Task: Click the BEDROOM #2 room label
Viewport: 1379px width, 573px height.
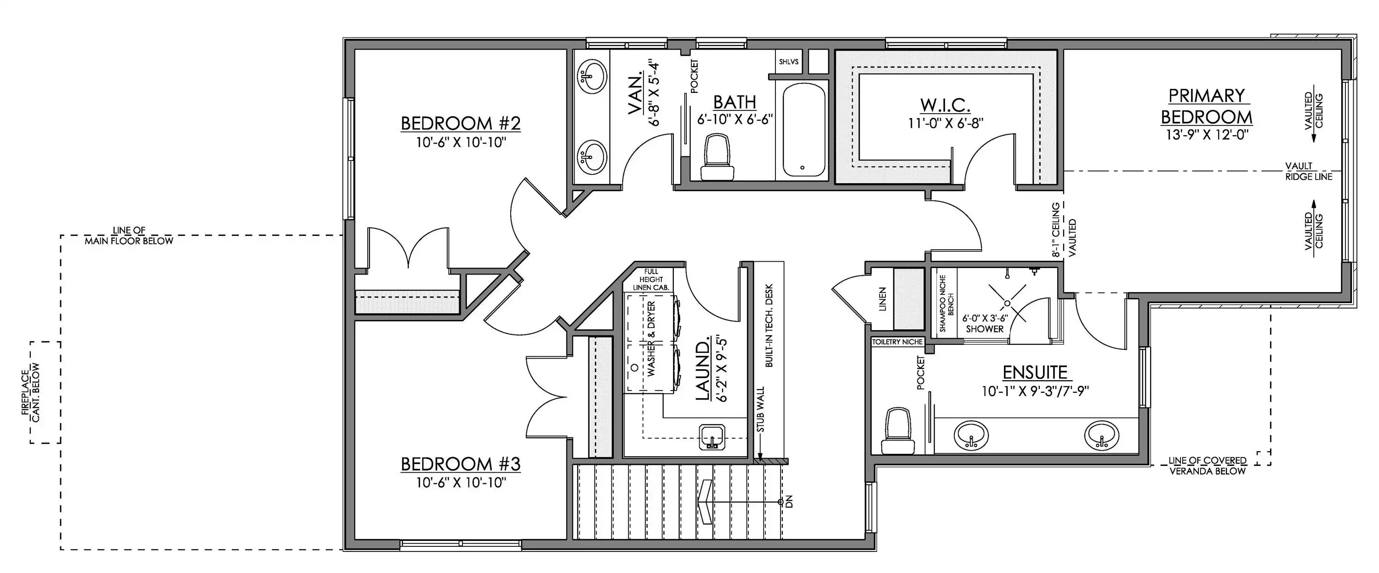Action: pyautogui.click(x=461, y=123)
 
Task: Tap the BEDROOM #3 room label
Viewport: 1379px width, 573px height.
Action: pyautogui.click(x=461, y=463)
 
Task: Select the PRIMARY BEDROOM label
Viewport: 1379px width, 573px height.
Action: pyautogui.click(x=1206, y=106)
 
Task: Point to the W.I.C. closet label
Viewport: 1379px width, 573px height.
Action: pyautogui.click(x=946, y=104)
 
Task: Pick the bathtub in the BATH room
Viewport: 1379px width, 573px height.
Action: pyautogui.click(x=803, y=130)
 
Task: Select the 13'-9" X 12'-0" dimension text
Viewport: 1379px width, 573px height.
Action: pyautogui.click(x=1207, y=134)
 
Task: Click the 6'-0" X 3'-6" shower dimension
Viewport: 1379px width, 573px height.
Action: pyautogui.click(x=985, y=318)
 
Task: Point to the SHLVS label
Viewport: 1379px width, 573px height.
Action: pyautogui.click(x=788, y=62)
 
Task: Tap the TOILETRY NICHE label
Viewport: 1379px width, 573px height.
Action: pyautogui.click(x=898, y=342)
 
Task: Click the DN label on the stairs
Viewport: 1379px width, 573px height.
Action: pyautogui.click(x=788, y=502)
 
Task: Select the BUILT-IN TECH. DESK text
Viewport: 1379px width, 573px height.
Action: pyautogui.click(x=769, y=325)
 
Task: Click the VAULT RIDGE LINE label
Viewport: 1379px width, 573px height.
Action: pyautogui.click(x=1309, y=172)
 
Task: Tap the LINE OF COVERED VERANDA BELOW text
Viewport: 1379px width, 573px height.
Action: pyautogui.click(x=1208, y=466)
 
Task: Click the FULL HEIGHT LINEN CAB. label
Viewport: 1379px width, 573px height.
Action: pyautogui.click(x=651, y=280)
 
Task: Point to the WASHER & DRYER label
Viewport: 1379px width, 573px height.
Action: pyautogui.click(x=651, y=338)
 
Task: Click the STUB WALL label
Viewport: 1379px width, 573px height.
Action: pyautogui.click(x=761, y=410)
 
